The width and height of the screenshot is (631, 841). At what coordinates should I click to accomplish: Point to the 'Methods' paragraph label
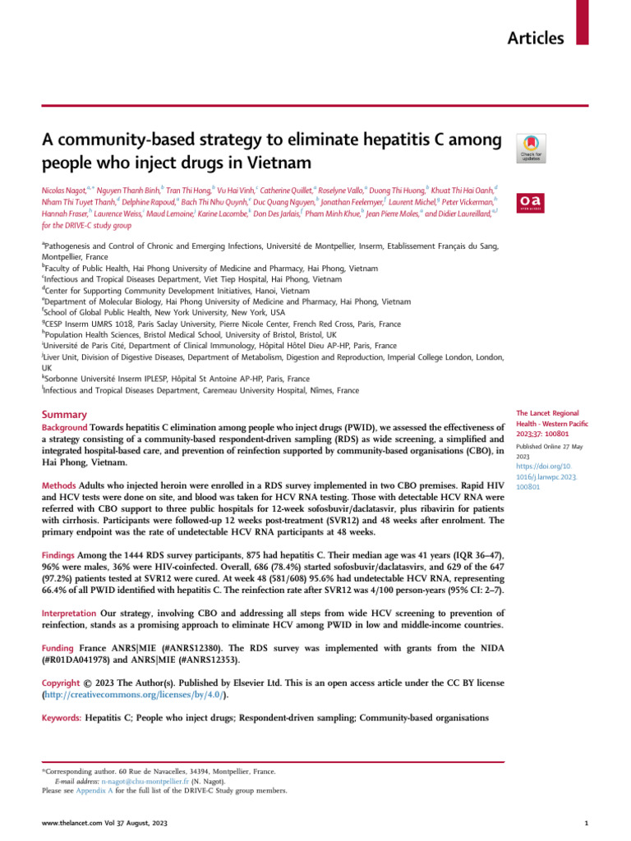[x=59, y=486]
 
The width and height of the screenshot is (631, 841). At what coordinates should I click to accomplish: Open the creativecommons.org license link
[x=134, y=695]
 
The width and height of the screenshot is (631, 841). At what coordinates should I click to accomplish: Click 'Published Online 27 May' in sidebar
[x=548, y=447]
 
